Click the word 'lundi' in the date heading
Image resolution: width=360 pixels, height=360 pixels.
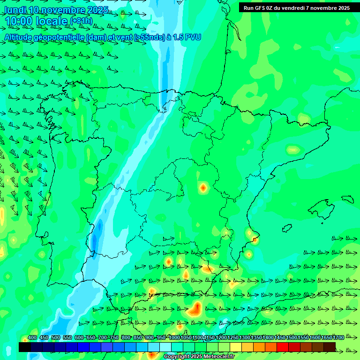pos(14,9)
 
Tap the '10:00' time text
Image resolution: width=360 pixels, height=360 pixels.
pos(19,22)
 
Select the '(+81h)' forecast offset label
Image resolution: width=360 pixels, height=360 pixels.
pos(81,21)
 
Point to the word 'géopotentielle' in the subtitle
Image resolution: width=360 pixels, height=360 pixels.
pos(60,37)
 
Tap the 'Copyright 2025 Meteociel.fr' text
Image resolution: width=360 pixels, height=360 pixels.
pos(199,356)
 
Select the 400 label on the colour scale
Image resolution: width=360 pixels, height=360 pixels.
pos(32,337)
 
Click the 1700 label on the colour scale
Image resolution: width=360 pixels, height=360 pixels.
pos(326,337)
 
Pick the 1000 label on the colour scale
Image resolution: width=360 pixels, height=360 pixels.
pos(174,337)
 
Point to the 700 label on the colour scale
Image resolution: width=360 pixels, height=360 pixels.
pos(103,337)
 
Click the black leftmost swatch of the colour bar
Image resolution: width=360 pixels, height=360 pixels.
pos(25,347)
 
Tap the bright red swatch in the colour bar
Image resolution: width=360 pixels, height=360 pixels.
pos(283,347)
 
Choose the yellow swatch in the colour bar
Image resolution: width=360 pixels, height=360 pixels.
pos(236,347)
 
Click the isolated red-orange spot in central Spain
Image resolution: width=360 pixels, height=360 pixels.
pos(203,187)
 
